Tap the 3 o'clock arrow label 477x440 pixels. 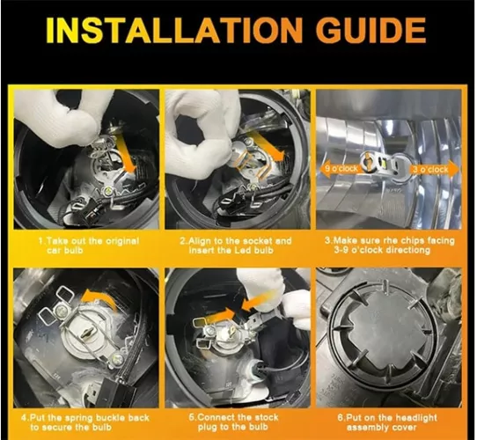[x=433, y=169]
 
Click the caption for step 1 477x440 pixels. [x=89, y=246]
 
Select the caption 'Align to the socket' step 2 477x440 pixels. [x=236, y=246]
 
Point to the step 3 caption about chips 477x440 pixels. [x=390, y=246]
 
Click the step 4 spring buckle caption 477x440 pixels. [x=85, y=422]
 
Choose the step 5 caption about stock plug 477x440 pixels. [x=233, y=422]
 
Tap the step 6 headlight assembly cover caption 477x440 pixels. [x=387, y=422]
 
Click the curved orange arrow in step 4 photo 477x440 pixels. [x=99, y=299]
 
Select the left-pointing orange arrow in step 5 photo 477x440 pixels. [x=255, y=301]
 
